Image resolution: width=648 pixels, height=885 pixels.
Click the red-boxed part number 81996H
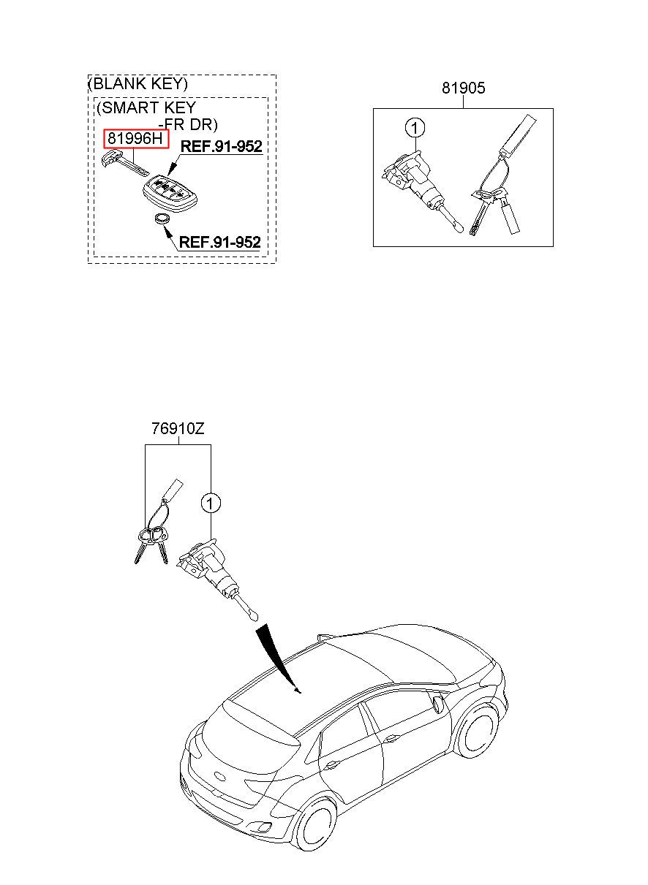click(x=136, y=138)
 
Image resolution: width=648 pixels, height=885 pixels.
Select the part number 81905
click(x=463, y=88)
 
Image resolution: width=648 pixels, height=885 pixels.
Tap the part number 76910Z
click(x=178, y=429)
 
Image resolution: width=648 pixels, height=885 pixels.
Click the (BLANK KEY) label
click(x=137, y=83)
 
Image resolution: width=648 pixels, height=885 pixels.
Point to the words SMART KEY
click(x=146, y=108)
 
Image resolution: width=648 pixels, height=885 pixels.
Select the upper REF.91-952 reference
click(x=221, y=146)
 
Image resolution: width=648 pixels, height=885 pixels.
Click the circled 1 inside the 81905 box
click(x=414, y=129)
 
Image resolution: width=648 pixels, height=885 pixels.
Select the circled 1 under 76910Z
click(x=211, y=503)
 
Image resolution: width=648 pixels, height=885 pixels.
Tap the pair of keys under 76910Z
click(x=151, y=544)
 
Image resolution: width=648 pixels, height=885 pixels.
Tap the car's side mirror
click(x=438, y=704)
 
